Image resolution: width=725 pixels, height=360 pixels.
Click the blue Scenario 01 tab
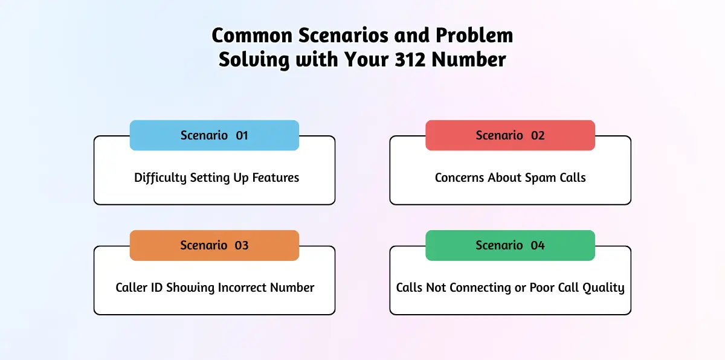(x=214, y=135)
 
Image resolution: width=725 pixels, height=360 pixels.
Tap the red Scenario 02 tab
(x=510, y=135)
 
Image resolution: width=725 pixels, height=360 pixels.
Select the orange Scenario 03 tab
(x=214, y=245)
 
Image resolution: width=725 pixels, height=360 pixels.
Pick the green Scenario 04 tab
(x=510, y=245)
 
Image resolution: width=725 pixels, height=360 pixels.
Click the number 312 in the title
(x=410, y=60)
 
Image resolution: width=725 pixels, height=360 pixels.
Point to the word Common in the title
(x=252, y=35)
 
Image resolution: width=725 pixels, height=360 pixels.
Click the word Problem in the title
(x=474, y=35)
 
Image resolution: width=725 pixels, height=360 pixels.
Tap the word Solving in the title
(x=254, y=60)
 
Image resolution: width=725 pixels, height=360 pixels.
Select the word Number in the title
(x=469, y=60)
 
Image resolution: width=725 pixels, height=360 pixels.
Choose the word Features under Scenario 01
(x=275, y=178)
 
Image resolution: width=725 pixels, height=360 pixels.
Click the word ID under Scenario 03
(x=156, y=288)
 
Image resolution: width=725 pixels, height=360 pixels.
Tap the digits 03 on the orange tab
(x=242, y=245)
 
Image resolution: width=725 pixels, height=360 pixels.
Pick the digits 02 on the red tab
(x=538, y=135)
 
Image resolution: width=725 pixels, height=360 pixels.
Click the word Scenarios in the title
(x=343, y=35)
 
